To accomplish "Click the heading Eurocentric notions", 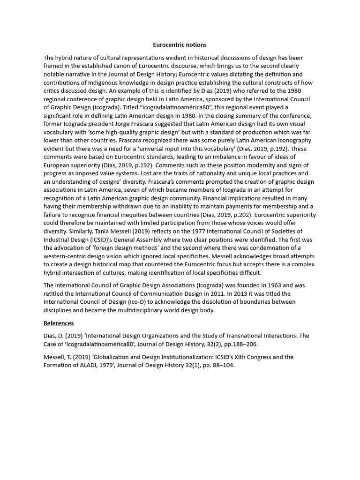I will click(180, 45).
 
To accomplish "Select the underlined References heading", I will click(59, 323).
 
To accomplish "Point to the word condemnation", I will click(267, 247).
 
